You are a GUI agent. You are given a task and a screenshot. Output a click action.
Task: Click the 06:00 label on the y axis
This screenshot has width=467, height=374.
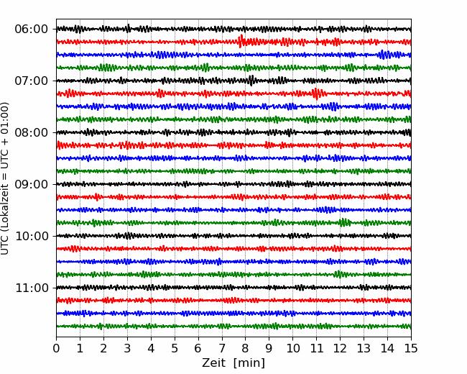pos(32,29)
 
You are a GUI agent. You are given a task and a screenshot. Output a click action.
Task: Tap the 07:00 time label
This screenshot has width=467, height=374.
pos(32,81)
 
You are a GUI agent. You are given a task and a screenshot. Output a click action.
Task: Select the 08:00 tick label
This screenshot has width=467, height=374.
pos(32,132)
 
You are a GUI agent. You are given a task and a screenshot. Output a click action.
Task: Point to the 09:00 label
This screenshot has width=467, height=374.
pos(32,184)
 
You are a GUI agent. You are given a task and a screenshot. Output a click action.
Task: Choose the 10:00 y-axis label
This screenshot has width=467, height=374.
pos(32,236)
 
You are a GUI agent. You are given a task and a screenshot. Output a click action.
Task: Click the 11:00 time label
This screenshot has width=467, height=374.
pos(32,288)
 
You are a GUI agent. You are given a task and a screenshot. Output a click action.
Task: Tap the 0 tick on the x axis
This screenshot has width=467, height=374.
pos(56,348)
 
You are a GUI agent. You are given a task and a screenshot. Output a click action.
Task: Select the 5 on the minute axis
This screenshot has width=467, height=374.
pos(175,348)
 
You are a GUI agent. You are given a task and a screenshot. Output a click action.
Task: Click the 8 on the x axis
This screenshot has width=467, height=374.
pos(246,348)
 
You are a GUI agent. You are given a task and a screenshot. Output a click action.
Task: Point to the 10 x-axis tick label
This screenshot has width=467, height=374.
pos(292,348)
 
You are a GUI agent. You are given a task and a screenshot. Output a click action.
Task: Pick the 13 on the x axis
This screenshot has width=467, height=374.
pos(364,348)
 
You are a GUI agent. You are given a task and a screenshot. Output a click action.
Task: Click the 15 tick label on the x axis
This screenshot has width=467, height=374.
pos(411,348)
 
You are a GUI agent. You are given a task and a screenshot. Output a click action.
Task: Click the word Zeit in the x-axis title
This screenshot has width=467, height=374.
pos(213,362)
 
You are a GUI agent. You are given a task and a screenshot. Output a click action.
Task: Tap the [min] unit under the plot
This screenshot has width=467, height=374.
pos(249,363)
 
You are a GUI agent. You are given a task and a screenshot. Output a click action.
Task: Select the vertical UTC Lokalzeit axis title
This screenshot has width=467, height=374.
pos(5,178)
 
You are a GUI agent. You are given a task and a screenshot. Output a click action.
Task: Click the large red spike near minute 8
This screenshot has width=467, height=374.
pos(241,41)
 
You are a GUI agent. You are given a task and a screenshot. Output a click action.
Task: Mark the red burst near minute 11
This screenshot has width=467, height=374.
pos(316,93)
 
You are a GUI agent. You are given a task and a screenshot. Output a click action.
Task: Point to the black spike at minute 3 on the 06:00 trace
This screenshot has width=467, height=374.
pos(128,29)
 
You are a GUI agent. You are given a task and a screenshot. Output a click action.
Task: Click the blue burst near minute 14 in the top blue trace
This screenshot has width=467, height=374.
pos(384,55)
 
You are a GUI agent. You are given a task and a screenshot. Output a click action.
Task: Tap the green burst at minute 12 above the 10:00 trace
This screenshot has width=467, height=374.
pos(344,222)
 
